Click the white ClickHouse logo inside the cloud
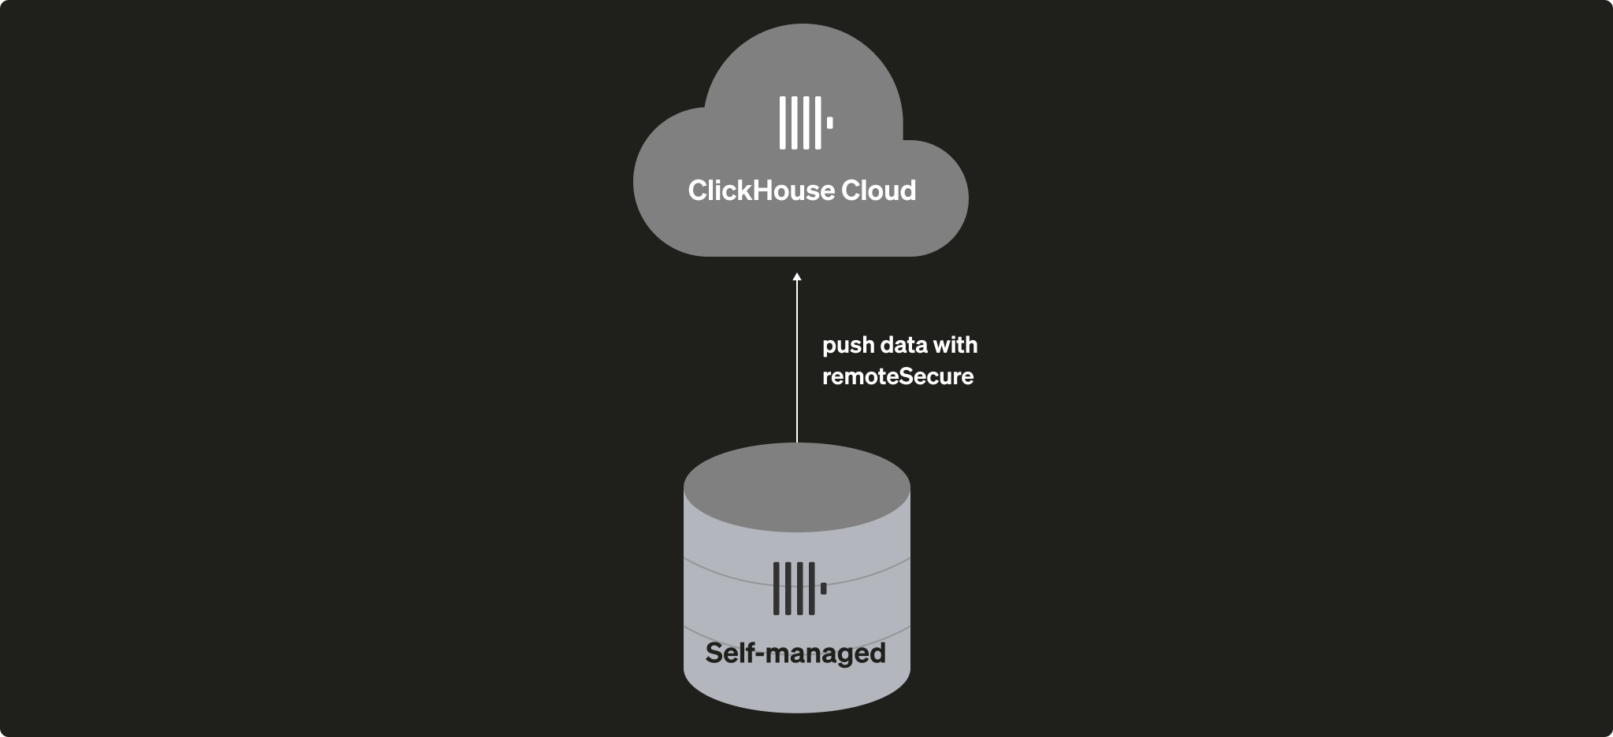pyautogui.click(x=805, y=123)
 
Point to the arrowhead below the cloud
pyautogui.click(x=797, y=277)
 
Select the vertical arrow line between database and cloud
pyautogui.click(x=797, y=362)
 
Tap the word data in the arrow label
pyautogui.click(x=903, y=345)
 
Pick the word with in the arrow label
pyautogui.click(x=955, y=345)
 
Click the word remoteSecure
pyautogui.click(x=898, y=376)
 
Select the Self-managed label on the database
pyautogui.click(x=795, y=654)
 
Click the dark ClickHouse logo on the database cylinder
pyautogui.click(x=799, y=588)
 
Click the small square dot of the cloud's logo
pyautogui.click(x=829, y=123)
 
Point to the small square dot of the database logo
pyautogui.click(x=824, y=588)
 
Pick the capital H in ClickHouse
pyautogui.click(x=762, y=191)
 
